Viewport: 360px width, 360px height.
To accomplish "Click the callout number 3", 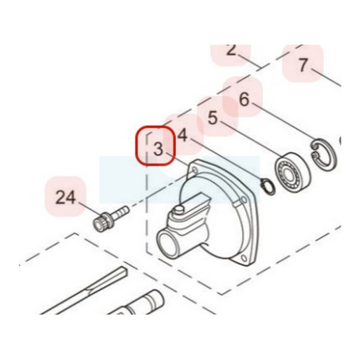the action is (x=158, y=149).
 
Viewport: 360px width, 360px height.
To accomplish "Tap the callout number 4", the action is (x=182, y=135).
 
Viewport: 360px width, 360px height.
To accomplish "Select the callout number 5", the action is (x=213, y=118).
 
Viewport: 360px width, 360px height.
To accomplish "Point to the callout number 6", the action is (x=244, y=100).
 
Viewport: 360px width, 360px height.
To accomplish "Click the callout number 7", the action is (x=303, y=65).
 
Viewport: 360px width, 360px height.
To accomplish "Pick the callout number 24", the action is (x=65, y=198).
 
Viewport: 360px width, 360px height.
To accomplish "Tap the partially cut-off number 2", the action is (x=231, y=50).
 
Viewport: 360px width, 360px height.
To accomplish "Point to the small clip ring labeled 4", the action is (x=268, y=187).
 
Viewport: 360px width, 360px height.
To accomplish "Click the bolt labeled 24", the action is (x=111, y=219).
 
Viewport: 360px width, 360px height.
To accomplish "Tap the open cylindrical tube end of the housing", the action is (x=168, y=244).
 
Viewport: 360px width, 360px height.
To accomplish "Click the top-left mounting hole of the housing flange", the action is (x=194, y=170).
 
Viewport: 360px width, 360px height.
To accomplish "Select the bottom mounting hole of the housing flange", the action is (x=244, y=258).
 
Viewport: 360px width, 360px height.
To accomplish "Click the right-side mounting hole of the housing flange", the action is (x=243, y=199).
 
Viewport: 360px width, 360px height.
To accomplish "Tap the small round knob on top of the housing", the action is (x=179, y=209).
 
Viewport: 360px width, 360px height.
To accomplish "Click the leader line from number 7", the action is (x=326, y=77).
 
